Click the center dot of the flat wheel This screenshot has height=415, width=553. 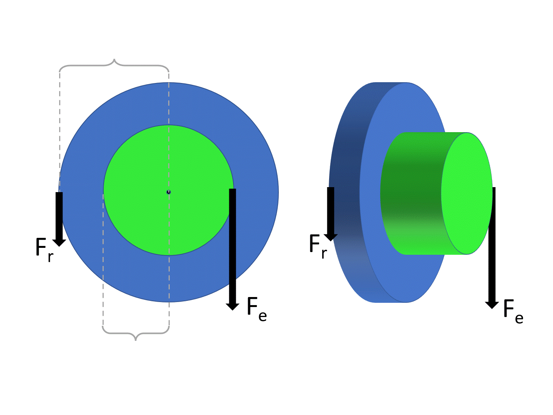[169, 192]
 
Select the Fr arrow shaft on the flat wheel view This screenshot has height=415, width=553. [59, 215]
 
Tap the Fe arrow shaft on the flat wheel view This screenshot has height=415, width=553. [232, 246]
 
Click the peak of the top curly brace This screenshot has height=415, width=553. [114, 60]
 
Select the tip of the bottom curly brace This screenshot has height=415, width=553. [135, 339]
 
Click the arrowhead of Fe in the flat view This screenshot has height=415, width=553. [232, 306]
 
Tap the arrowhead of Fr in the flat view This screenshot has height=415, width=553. [59, 242]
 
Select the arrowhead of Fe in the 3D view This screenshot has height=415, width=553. [492, 305]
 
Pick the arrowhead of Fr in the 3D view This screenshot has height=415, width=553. [330, 237]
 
